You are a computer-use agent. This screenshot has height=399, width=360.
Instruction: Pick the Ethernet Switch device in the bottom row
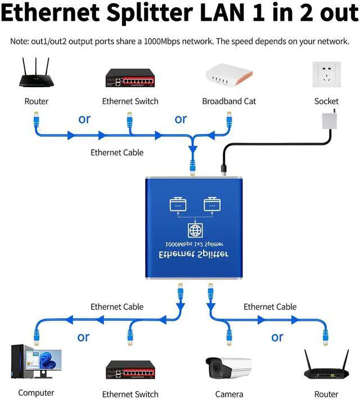coord(130,370)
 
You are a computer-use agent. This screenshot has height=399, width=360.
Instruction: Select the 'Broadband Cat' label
coord(229,101)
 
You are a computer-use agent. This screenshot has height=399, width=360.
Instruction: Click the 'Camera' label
coord(229,394)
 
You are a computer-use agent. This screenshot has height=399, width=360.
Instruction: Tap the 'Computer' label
coord(36,393)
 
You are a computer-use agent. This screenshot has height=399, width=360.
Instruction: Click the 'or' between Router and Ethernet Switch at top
coord(84,119)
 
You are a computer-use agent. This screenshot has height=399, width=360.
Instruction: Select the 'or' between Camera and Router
coord(277,337)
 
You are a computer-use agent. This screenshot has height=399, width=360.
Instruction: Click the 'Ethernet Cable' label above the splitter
coord(117,152)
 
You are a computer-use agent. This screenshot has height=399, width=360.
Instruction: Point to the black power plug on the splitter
coord(222,167)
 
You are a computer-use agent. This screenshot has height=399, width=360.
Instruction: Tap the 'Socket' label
coord(326,101)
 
